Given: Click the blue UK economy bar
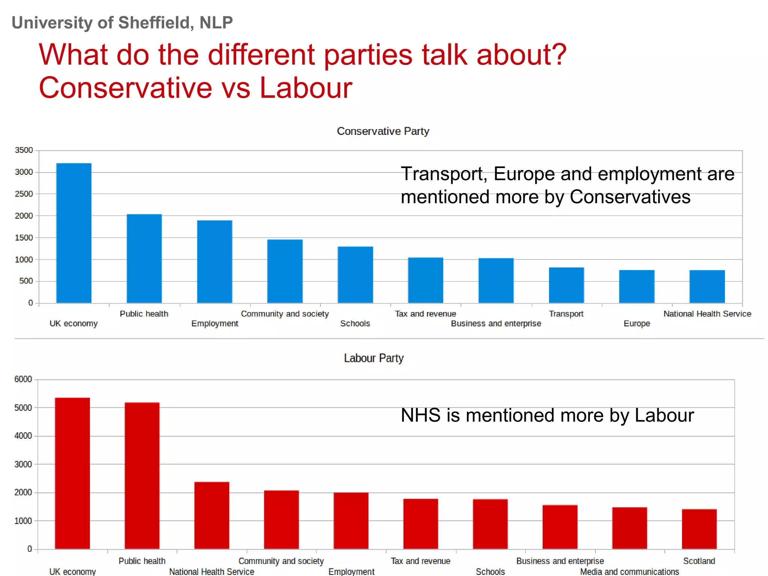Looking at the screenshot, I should [73, 233].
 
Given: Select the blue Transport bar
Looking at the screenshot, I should [566, 285].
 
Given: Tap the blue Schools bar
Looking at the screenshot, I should [355, 274].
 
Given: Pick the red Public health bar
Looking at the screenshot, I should [142, 475].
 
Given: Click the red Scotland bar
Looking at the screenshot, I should [699, 529].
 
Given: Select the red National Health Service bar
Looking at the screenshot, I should [211, 515].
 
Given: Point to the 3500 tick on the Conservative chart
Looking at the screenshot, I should [24, 150].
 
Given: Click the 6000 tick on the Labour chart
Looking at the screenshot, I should [23, 379].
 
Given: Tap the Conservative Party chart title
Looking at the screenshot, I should [382, 131].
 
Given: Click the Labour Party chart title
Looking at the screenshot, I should [373, 358].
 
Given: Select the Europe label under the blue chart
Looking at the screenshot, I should [636, 323].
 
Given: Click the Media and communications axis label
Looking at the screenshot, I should [629, 571].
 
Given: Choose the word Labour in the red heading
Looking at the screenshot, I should [306, 88].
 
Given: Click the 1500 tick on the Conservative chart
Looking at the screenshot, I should [24, 237].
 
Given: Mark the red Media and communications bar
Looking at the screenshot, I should [629, 528].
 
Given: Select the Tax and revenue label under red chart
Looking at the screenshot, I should [420, 561].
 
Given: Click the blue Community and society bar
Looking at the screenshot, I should [285, 271].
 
